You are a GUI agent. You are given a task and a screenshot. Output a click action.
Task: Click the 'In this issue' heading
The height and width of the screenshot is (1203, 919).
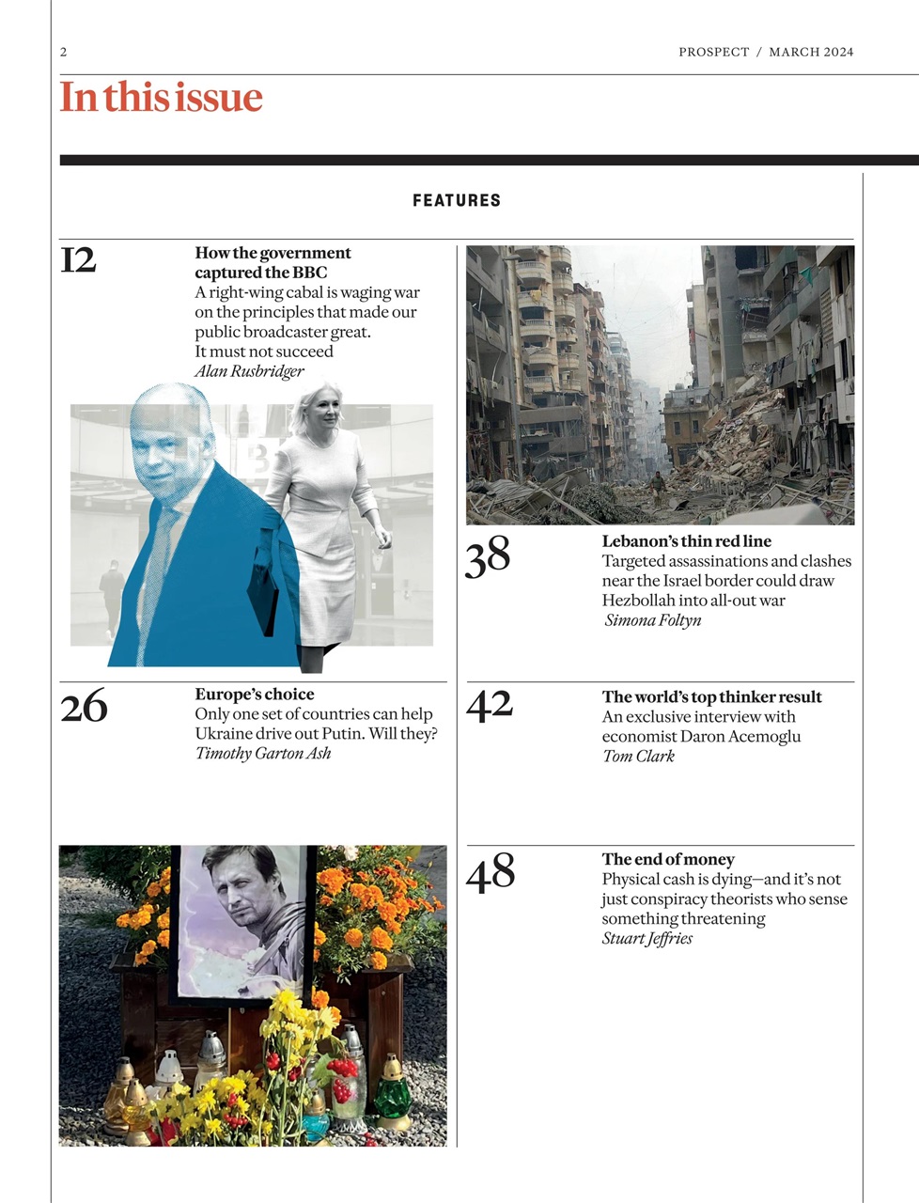[x=161, y=98]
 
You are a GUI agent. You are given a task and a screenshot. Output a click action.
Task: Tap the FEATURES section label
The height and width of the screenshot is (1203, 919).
[x=457, y=200]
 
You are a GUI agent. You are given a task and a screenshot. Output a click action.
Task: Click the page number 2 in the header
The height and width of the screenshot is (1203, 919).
[x=64, y=53]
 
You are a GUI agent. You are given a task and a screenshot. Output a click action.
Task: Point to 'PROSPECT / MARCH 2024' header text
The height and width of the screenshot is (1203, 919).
[x=766, y=53]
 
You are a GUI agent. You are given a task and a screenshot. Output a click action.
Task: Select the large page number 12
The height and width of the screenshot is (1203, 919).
[x=78, y=260]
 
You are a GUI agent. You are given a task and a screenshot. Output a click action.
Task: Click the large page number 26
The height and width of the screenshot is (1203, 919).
[x=84, y=707]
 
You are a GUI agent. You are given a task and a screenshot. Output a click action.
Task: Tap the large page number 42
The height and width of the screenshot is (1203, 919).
[x=490, y=706]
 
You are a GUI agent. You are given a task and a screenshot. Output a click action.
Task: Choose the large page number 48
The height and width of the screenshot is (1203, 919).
[x=491, y=872]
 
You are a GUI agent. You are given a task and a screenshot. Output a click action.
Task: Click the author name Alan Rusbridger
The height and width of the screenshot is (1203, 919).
[x=249, y=371]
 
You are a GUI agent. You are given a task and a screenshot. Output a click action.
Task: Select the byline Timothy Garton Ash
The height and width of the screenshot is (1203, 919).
[x=263, y=753]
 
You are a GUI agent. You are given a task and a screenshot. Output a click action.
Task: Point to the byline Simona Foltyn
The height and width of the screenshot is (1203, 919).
[x=652, y=620]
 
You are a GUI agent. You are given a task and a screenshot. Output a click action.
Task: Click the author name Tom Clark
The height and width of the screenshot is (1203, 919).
[x=638, y=756]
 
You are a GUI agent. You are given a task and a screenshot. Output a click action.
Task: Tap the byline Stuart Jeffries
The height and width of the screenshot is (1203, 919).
[x=646, y=938]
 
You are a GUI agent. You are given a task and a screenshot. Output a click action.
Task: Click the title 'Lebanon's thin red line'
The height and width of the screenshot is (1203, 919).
[x=686, y=541]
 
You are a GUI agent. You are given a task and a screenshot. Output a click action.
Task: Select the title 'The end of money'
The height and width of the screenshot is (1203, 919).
[x=668, y=859]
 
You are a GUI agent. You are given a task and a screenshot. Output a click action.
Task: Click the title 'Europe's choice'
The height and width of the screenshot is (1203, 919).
[x=255, y=695]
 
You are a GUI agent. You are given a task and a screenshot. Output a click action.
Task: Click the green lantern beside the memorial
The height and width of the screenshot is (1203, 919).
[x=392, y=1095]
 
